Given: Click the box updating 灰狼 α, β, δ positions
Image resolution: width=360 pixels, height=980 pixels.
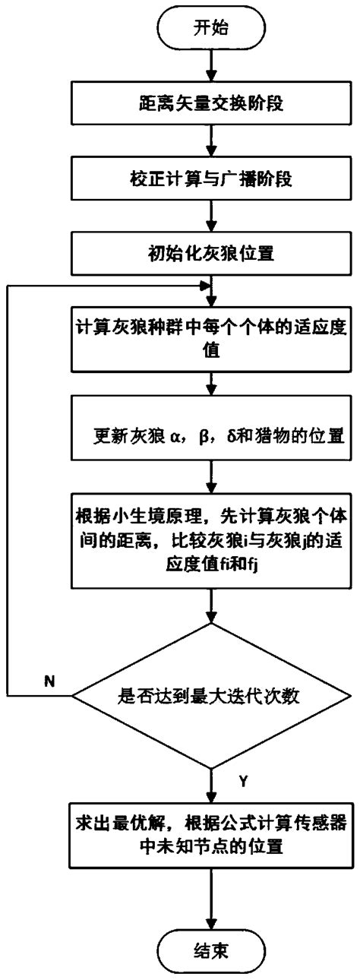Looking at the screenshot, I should point(210,435).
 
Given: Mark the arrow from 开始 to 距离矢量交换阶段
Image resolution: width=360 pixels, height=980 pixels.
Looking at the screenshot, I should point(210,68).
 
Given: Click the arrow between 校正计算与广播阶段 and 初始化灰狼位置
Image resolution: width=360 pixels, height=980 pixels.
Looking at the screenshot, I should point(210,220).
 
